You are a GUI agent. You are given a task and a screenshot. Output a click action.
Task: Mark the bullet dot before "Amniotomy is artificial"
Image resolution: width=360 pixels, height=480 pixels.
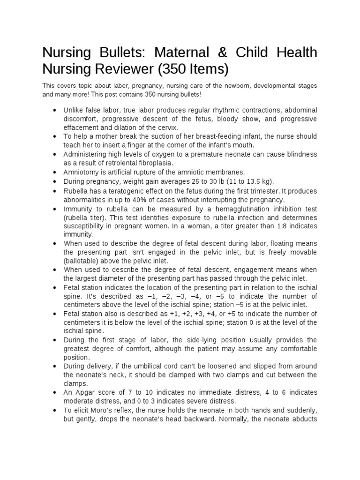pos(55,172)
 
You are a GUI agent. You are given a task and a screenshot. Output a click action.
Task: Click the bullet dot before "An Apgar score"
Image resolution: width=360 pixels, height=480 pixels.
pos(55,392)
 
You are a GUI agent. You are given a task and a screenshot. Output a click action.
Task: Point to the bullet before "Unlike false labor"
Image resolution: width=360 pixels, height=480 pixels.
pos(55,111)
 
